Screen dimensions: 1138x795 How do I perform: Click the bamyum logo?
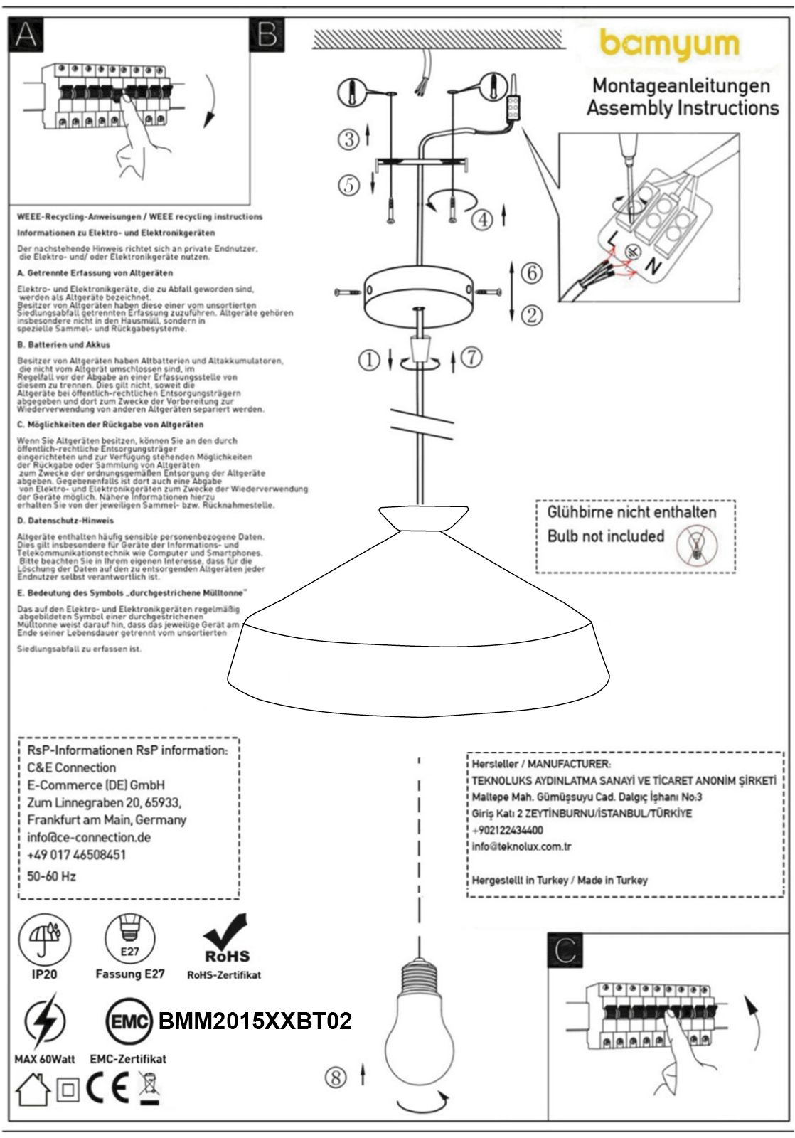pyautogui.click(x=669, y=45)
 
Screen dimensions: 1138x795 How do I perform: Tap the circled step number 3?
pyautogui.click(x=349, y=139)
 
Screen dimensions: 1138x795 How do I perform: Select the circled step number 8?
pyautogui.click(x=336, y=1077)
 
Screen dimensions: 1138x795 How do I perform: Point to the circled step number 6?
pyautogui.click(x=531, y=272)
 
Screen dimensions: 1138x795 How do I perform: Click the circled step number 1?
pyautogui.click(x=369, y=361)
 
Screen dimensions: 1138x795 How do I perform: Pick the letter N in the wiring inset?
pyautogui.click(x=651, y=267)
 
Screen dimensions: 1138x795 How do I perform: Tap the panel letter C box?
pyautogui.click(x=565, y=950)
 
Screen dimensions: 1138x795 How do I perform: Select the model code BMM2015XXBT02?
pyautogui.click(x=255, y=1021)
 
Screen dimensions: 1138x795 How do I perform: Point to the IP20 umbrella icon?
pyautogui.click(x=44, y=938)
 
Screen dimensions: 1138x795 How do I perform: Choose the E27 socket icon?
pyautogui.click(x=129, y=937)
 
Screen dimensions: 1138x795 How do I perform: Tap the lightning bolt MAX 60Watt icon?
pyautogui.click(x=44, y=1022)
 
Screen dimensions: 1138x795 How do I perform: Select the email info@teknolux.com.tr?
pyautogui.click(x=521, y=846)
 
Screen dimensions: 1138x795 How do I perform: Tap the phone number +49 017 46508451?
pyautogui.click(x=76, y=854)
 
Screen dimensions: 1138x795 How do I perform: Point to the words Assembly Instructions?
pyautogui.click(x=682, y=108)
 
